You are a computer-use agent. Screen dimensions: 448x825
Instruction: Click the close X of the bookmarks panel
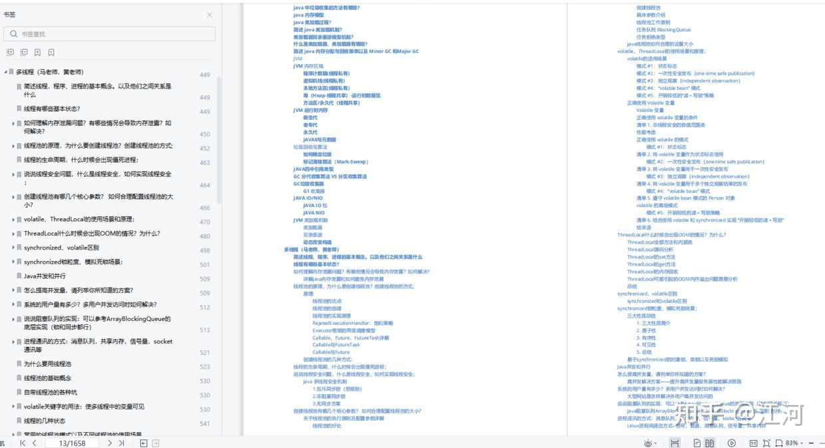[x=210, y=15]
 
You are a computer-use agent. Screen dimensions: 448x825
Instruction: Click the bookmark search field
[x=110, y=34]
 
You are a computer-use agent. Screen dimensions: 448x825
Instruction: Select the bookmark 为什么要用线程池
[x=47, y=364]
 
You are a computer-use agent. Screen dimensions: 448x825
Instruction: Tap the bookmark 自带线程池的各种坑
[x=51, y=392]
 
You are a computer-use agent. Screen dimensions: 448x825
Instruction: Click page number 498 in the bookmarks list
[x=205, y=250]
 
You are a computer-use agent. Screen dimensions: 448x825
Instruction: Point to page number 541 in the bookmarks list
[x=205, y=424]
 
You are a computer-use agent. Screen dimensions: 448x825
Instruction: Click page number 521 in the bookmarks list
[x=205, y=353]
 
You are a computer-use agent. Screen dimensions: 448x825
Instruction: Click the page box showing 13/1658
[x=73, y=443]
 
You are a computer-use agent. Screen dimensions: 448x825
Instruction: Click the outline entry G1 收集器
[x=314, y=191]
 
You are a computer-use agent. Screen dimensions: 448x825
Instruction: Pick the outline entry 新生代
[x=310, y=118]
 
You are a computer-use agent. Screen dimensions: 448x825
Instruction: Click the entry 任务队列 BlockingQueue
[x=663, y=30]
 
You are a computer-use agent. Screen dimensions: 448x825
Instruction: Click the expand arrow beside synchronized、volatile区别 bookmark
[x=13, y=248]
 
